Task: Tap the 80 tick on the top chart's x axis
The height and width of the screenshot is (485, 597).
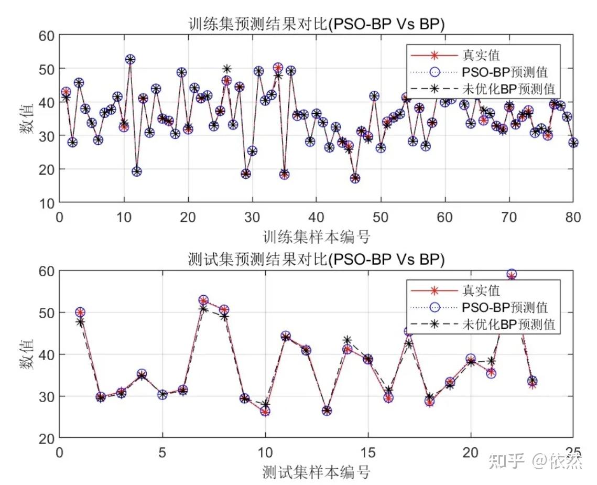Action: (573, 217)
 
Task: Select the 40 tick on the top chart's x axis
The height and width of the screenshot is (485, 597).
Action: (316, 217)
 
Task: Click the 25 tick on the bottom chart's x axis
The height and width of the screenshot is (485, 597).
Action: (573, 452)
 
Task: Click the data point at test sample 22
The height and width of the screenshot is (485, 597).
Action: (512, 275)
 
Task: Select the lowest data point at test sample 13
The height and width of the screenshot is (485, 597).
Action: (327, 411)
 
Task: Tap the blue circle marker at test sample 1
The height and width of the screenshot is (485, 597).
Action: (80, 312)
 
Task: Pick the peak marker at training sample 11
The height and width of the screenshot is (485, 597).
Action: (130, 59)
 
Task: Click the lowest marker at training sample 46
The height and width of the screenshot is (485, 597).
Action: (355, 178)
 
